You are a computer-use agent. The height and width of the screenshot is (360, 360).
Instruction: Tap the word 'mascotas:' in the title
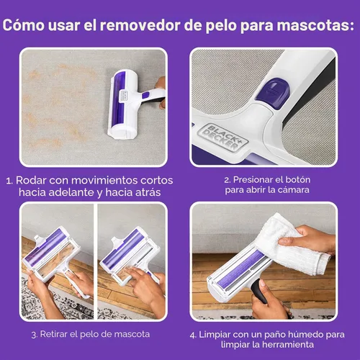(312, 27)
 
